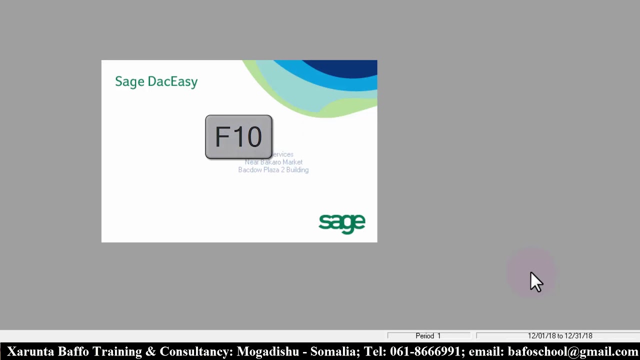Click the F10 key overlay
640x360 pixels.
click(238, 137)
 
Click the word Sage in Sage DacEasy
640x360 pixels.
click(129, 82)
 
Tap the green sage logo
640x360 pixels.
click(342, 223)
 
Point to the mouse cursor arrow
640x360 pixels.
click(535, 281)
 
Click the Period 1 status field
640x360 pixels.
click(428, 336)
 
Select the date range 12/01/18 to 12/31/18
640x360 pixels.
click(559, 336)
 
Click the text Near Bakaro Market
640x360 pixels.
click(273, 162)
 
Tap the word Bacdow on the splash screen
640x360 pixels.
click(250, 170)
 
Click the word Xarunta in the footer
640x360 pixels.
click(30, 351)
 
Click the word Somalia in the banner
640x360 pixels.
click(333, 351)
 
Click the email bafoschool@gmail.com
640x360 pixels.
click(573, 351)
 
